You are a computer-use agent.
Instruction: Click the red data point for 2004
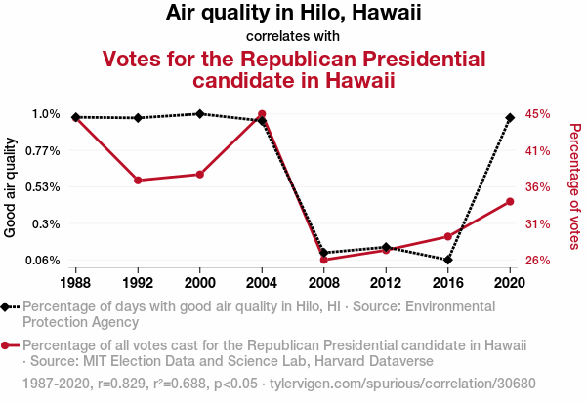pyautogui.click(x=262, y=114)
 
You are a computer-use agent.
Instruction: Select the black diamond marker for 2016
pyautogui.click(x=448, y=260)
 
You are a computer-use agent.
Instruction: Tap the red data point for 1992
pyautogui.click(x=138, y=181)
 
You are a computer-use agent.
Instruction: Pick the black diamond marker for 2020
pyautogui.click(x=510, y=117)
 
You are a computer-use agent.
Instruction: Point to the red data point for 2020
pyautogui.click(x=510, y=202)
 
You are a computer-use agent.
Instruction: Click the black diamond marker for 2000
pyautogui.click(x=200, y=113)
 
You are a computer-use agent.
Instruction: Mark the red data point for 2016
pyautogui.click(x=448, y=236)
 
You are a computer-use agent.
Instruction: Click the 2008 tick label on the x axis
pyautogui.click(x=324, y=282)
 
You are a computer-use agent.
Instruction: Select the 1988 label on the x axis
pyautogui.click(x=76, y=282)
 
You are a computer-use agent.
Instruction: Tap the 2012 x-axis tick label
pyautogui.click(x=386, y=282)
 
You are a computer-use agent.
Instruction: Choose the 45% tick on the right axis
pyautogui.click(x=539, y=114)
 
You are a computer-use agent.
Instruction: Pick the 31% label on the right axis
pyautogui.click(x=539, y=224)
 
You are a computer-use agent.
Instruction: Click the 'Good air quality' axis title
pyautogui.click(x=11, y=186)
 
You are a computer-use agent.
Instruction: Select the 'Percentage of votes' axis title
pyautogui.click(x=575, y=186)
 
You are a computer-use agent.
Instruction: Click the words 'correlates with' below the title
pyautogui.click(x=293, y=35)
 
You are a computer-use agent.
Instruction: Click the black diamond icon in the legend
pyautogui.click(x=9, y=306)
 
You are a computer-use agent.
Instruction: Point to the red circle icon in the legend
pyautogui.click(x=9, y=345)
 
